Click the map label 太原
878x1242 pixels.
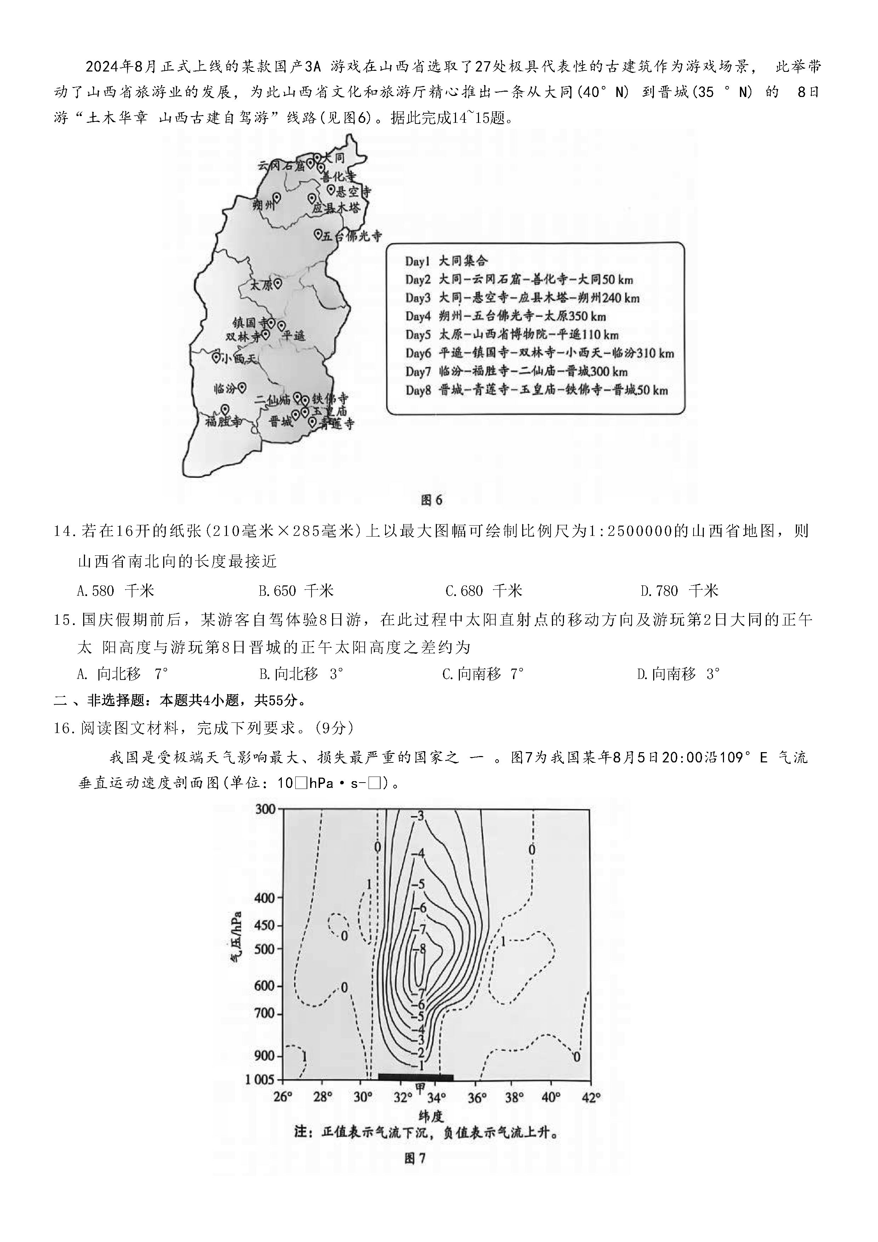[261, 285]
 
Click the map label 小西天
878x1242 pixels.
[238, 359]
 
